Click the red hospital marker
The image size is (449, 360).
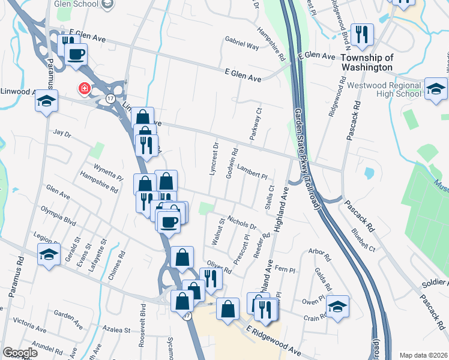(x=85, y=89)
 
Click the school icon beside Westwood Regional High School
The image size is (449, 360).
(x=436, y=89)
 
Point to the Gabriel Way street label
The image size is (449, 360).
(x=242, y=46)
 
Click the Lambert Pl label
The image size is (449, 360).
(x=252, y=172)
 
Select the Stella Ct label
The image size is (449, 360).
(x=270, y=197)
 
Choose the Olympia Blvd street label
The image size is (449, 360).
(x=59, y=215)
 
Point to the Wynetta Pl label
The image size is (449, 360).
(x=108, y=172)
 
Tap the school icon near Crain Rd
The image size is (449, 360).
(x=338, y=308)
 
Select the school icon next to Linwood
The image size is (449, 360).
(x=46, y=101)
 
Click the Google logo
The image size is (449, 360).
(x=20, y=353)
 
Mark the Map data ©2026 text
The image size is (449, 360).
(x=423, y=355)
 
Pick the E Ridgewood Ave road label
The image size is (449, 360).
(x=274, y=339)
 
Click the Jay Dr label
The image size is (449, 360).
(x=62, y=132)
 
